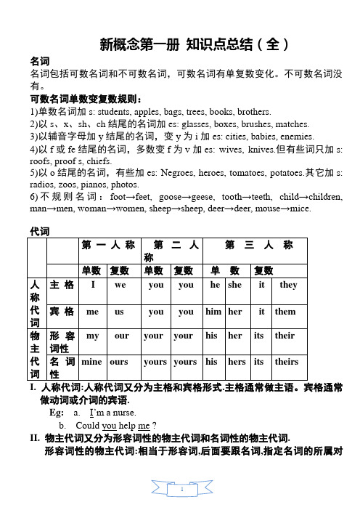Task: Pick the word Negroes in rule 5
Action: point(195,173)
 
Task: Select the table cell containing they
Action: point(288,286)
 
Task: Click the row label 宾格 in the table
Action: point(61,312)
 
